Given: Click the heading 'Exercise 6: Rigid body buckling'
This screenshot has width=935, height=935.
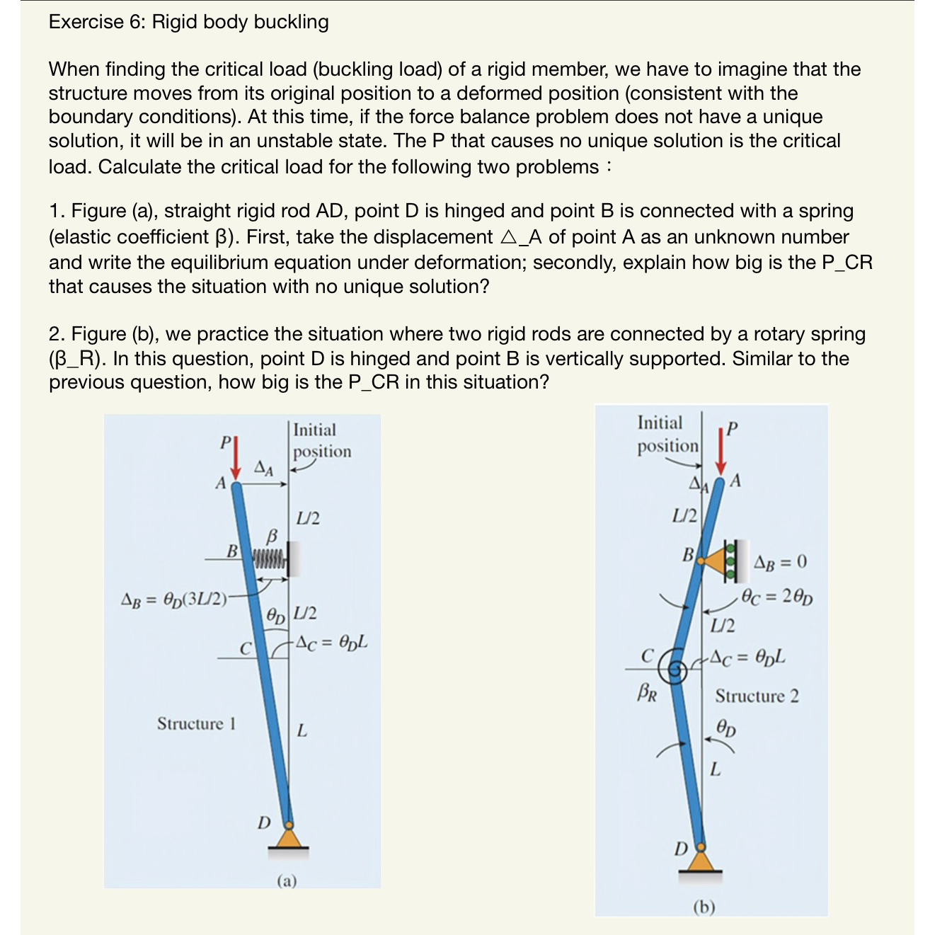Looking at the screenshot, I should [x=188, y=22].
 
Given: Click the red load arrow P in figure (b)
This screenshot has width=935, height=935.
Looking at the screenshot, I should [x=721, y=452].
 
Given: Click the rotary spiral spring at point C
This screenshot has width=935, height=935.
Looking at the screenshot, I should [x=677, y=667].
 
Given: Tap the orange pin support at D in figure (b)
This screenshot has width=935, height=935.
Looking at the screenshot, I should [x=701, y=860].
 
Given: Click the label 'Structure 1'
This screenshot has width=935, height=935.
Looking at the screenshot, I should [x=196, y=723].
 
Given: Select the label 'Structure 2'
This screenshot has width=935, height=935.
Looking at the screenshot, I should [x=757, y=696].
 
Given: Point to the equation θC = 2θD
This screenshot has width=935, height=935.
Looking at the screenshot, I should [x=777, y=596].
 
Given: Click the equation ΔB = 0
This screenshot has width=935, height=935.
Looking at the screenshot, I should [x=780, y=562].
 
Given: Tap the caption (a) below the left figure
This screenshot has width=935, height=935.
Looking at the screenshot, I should [x=287, y=880].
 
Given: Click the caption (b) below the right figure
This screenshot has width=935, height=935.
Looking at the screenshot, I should [x=704, y=907].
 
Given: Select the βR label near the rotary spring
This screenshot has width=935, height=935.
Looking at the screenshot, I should [x=647, y=692].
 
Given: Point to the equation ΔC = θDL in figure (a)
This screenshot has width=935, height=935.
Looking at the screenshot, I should [x=331, y=643].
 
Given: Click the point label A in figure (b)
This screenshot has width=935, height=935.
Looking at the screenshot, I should [x=735, y=481].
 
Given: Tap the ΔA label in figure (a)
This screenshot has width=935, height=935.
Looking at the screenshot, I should [x=264, y=468].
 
